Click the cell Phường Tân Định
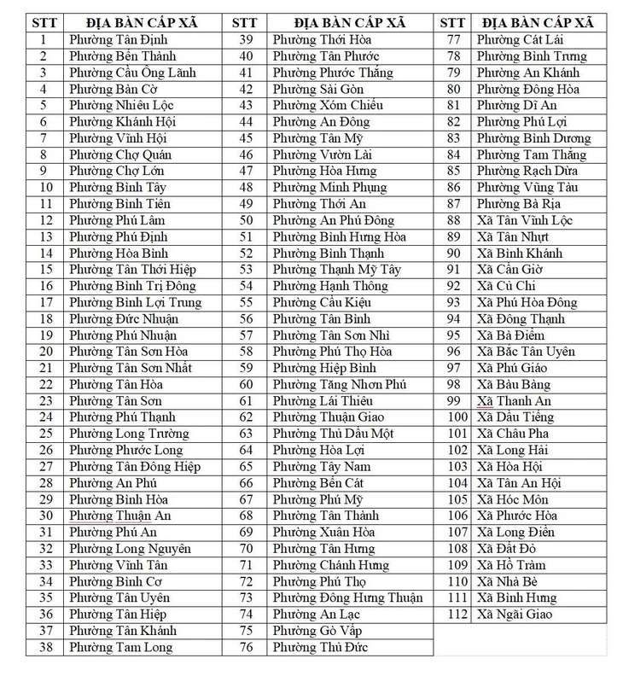(x=119, y=40)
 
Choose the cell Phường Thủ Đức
(x=319, y=648)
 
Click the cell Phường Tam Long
(x=120, y=648)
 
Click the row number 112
(x=457, y=615)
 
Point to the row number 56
(x=246, y=319)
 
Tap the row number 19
(x=47, y=335)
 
